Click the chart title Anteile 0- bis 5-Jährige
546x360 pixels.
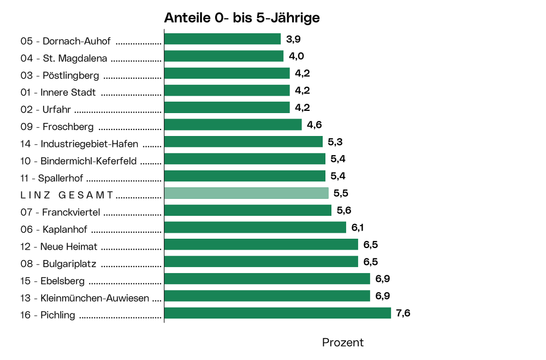click(242, 17)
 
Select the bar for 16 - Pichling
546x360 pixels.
click(277, 313)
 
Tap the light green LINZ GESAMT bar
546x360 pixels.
click(246, 193)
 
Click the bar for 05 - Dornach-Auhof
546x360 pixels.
click(222, 39)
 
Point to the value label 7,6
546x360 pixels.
click(403, 313)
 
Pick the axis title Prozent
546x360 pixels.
click(342, 343)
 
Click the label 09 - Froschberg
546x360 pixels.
click(57, 127)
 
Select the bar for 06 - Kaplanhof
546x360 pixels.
click(255, 227)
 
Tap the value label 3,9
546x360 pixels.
click(293, 39)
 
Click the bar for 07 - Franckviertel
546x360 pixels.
click(248, 210)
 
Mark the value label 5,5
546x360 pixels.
click(341, 193)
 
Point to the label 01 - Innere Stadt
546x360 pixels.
click(58, 93)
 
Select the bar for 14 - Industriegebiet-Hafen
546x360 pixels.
click(244, 142)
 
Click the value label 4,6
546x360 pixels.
click(314, 125)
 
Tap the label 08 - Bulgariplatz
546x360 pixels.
click(58, 264)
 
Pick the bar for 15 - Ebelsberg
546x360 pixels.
click(267, 279)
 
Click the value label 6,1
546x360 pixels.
click(358, 227)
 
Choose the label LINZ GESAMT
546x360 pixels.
click(67, 195)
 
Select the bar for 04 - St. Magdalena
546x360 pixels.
click(224, 56)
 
